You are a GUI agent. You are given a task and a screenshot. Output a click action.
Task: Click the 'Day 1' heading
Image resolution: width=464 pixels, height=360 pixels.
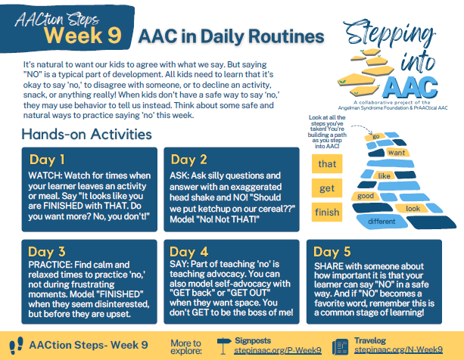click(x=47, y=160)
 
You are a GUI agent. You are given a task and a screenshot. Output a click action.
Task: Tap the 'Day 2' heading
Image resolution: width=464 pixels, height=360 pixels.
click(x=188, y=160)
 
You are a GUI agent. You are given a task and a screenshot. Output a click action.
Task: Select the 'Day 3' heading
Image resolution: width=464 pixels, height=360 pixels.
click(x=47, y=252)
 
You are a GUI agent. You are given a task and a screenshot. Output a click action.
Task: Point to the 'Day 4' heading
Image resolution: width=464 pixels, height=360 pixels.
click(x=188, y=252)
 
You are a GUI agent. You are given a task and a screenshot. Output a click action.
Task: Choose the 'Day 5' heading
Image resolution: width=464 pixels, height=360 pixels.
click(x=332, y=252)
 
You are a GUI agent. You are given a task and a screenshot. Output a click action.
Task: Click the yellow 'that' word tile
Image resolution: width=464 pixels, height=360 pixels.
click(x=327, y=164)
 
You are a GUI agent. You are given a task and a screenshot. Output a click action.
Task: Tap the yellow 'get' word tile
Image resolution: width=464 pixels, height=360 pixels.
click(x=327, y=188)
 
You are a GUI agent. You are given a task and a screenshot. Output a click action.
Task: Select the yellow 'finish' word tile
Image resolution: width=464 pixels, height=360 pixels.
click(x=327, y=212)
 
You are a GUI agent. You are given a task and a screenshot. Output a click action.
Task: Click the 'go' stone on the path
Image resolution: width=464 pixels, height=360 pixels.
click(x=375, y=137)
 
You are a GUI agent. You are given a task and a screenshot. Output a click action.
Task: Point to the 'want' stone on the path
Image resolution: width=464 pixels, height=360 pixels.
click(x=397, y=153)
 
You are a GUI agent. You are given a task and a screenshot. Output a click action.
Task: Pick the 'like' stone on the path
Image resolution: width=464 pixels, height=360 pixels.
click(x=384, y=176)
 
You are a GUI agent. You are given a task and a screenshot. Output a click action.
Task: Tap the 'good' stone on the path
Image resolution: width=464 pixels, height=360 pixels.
click(x=366, y=196)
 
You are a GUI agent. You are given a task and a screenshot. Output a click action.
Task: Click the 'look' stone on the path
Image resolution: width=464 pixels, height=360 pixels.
click(x=413, y=209)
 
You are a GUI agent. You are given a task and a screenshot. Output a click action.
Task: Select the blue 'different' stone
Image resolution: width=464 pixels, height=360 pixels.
click(x=381, y=222)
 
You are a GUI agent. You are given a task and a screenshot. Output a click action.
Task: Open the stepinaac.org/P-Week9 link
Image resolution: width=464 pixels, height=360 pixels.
click(x=278, y=350)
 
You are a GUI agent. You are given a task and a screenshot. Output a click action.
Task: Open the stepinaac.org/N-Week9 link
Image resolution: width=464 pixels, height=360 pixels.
click(x=399, y=349)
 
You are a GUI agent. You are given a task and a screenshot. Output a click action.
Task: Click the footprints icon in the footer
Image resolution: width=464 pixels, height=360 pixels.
click(x=17, y=345)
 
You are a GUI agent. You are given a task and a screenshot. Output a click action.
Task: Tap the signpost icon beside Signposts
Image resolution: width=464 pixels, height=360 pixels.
click(x=224, y=346)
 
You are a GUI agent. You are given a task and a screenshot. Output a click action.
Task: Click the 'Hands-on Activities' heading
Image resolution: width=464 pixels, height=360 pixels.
click(x=87, y=134)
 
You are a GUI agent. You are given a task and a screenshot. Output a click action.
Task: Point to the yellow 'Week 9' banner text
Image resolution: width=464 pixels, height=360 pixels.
click(x=83, y=36)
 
